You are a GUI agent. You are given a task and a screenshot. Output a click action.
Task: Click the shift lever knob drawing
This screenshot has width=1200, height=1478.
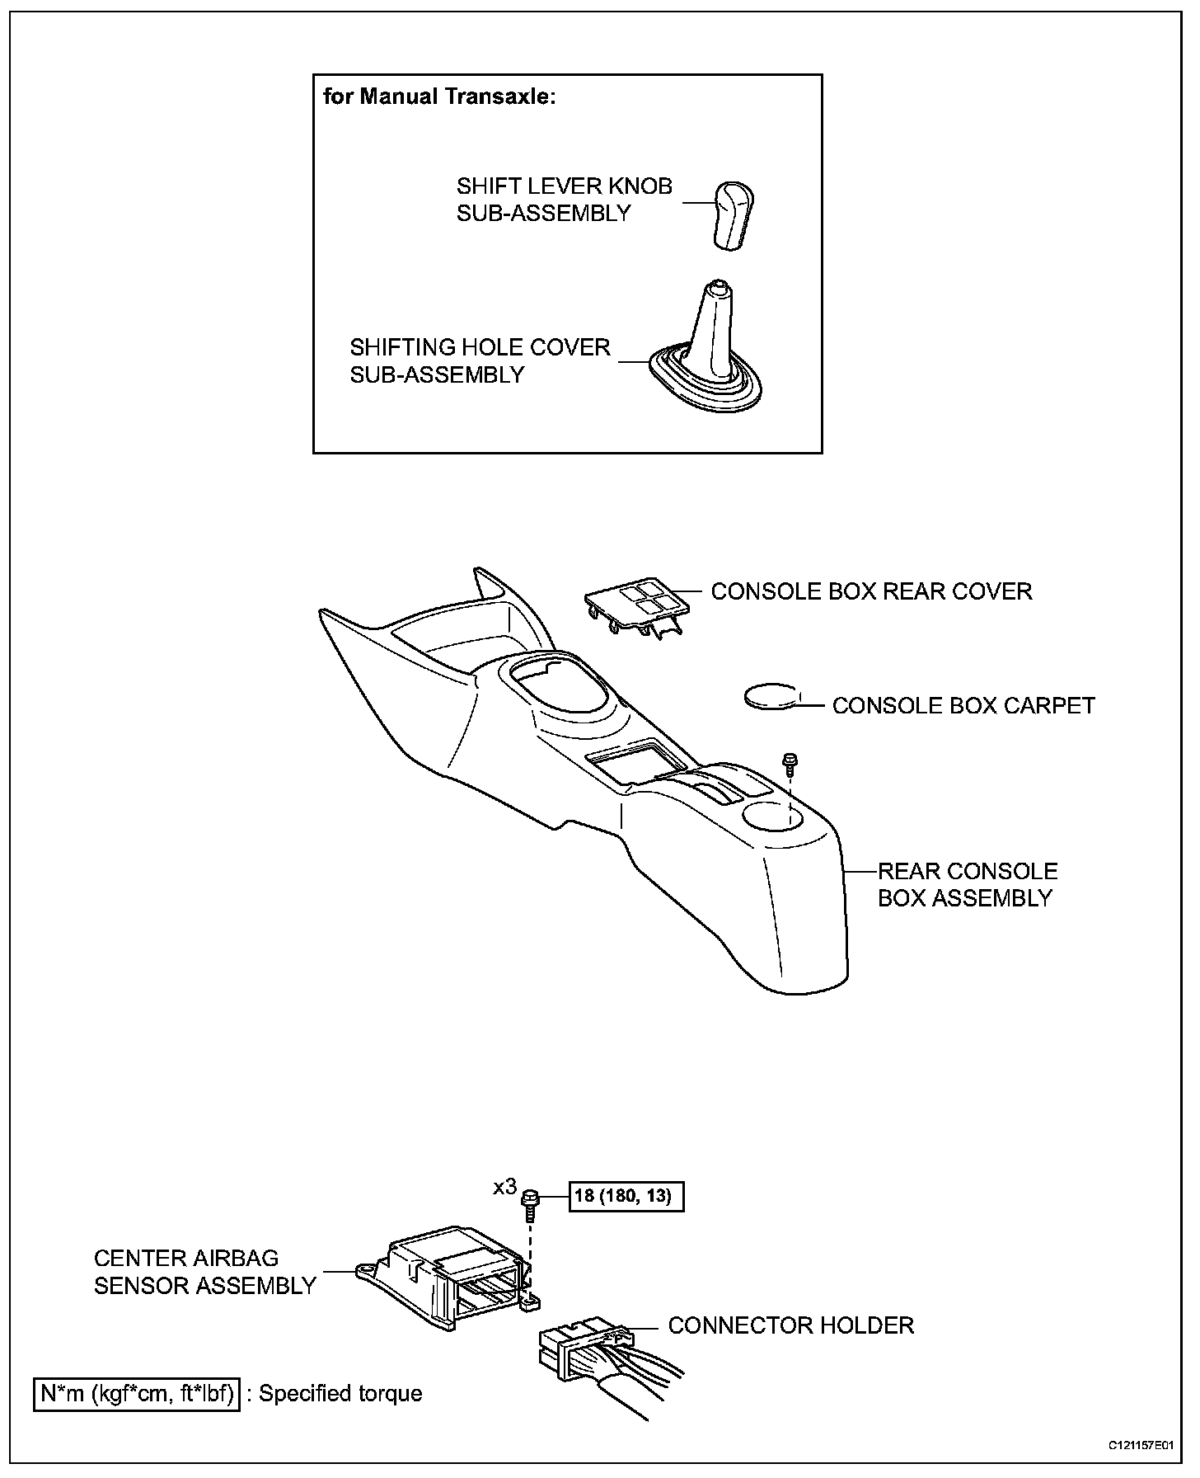tap(733, 214)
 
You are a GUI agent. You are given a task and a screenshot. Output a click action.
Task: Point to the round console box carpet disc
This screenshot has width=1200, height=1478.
tap(772, 696)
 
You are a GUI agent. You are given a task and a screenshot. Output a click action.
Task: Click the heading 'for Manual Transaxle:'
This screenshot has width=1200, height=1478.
tap(440, 96)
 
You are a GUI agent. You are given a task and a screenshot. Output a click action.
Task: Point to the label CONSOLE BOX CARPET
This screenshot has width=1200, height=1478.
tap(963, 706)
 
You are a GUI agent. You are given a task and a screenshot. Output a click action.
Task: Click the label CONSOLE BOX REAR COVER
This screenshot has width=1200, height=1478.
tap(871, 591)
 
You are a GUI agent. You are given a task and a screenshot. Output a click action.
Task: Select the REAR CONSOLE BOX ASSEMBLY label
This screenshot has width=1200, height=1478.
tap(967, 884)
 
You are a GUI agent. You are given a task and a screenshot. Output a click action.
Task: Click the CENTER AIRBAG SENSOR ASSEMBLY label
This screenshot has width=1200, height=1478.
tap(205, 1272)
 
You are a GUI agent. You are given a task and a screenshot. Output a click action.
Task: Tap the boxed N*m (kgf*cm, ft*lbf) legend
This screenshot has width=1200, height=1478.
tap(137, 1393)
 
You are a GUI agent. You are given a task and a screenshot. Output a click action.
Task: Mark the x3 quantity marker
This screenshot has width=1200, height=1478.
tap(504, 1187)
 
